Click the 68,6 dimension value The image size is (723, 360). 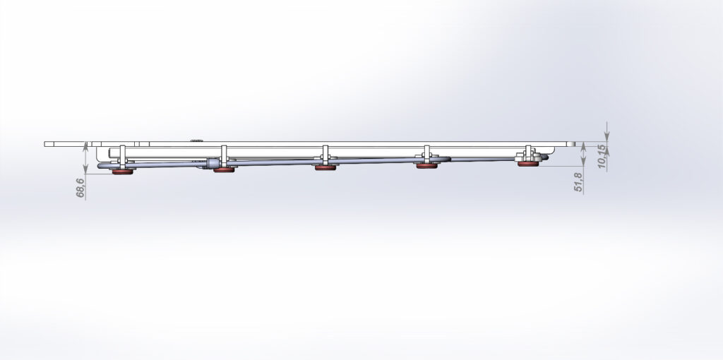(80, 188)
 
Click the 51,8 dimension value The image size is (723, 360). (579, 183)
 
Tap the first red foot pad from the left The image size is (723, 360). (123, 172)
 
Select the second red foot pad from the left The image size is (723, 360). (224, 170)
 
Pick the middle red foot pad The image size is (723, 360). (325, 168)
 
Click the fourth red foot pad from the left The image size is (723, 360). (427, 166)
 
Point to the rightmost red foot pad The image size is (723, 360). (528, 164)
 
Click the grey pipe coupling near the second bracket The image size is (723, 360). (213, 163)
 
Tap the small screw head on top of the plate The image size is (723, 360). (197, 140)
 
